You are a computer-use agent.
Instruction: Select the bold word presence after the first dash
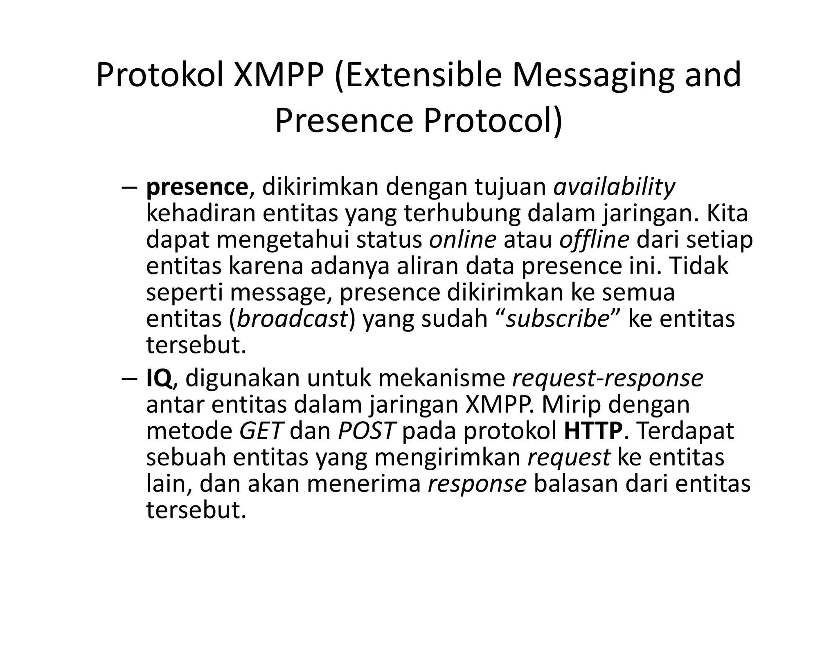197,187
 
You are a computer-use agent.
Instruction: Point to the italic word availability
614,187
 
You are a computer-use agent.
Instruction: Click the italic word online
462,240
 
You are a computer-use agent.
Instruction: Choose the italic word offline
594,240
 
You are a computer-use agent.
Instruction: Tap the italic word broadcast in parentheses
292,319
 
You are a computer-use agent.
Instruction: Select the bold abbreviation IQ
159,378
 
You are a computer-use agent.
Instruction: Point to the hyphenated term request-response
607,378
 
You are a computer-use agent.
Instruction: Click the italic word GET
261,431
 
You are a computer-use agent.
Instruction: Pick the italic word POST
367,431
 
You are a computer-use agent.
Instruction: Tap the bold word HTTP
593,431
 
